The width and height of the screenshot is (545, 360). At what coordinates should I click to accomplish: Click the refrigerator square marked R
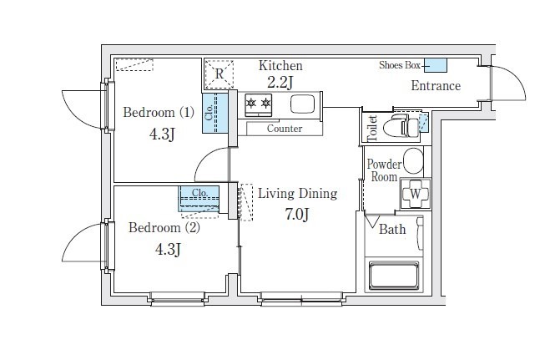(x=219, y=74)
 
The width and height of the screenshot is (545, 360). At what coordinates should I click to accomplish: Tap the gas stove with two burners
(x=258, y=104)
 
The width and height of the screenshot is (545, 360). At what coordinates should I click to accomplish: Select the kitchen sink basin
(x=302, y=104)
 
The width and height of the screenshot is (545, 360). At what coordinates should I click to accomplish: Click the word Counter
(x=285, y=129)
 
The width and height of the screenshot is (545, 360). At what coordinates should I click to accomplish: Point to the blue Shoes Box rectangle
(x=436, y=65)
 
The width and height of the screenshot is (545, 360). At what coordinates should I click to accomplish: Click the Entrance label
(x=436, y=85)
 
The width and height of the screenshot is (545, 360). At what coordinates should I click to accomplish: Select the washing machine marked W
(x=416, y=194)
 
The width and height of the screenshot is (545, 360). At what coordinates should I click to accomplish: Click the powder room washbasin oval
(x=414, y=161)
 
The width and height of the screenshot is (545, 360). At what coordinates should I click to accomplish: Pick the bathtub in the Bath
(x=394, y=276)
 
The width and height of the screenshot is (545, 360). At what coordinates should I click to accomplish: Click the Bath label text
(x=392, y=229)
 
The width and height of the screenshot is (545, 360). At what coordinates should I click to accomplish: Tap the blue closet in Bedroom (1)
(x=215, y=113)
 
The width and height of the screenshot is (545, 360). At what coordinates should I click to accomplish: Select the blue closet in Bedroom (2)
(x=199, y=199)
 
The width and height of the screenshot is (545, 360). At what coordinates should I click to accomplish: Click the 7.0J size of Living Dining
(x=297, y=215)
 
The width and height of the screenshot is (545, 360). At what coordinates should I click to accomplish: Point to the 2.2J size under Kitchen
(x=280, y=83)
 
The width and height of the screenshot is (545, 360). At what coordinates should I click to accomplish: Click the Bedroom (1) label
(x=159, y=113)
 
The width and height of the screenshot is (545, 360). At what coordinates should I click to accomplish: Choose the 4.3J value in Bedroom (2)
(x=168, y=249)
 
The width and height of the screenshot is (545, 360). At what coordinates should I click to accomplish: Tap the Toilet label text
(x=372, y=128)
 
